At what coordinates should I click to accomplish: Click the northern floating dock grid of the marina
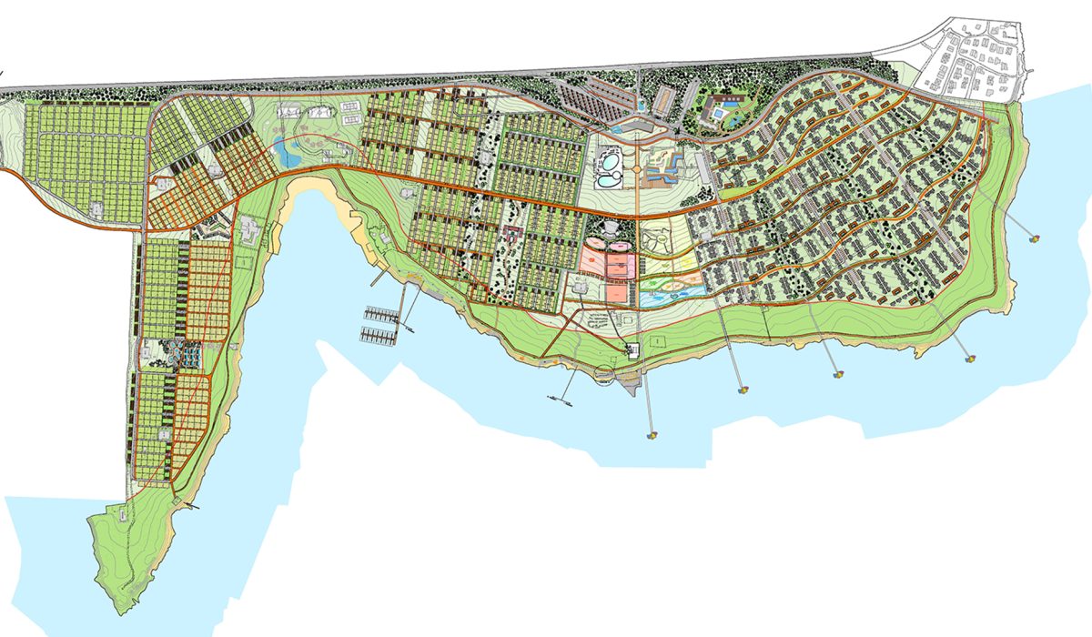[x=380, y=315]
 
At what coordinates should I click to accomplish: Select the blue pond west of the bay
[x=289, y=154]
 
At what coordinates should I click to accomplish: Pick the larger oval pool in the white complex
[x=608, y=165]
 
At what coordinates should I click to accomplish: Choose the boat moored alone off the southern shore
[x=555, y=399]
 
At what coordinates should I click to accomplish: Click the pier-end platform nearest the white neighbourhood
[x=1034, y=238]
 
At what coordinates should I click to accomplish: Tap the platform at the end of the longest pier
[x=652, y=435]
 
